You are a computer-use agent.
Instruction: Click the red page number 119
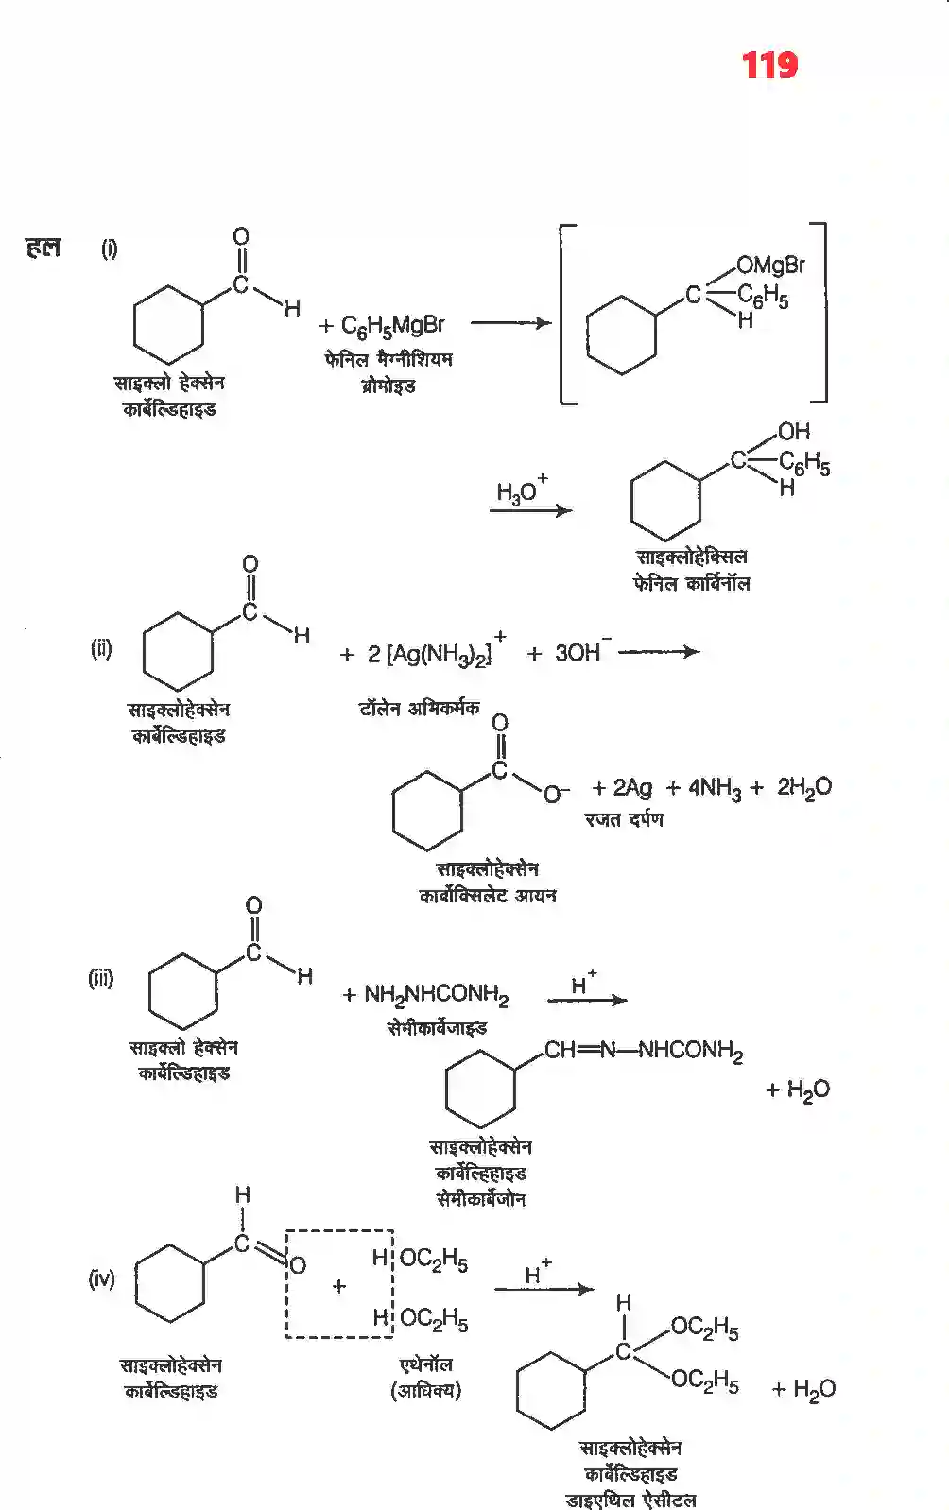click(769, 66)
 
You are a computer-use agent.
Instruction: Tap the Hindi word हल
click(43, 248)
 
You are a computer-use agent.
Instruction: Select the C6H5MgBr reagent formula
click(392, 326)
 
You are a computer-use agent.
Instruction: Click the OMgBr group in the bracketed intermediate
click(771, 265)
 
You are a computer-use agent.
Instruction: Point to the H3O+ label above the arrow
click(522, 489)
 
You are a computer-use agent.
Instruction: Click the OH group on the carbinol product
click(794, 431)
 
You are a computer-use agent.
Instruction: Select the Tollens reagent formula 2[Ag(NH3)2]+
click(436, 650)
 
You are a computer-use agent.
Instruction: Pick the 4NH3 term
click(715, 788)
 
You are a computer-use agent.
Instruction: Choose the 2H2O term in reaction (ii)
click(804, 787)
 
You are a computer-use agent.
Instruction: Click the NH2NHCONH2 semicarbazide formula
click(437, 995)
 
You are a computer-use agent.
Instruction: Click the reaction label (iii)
click(101, 978)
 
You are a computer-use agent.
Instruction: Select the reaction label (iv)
click(102, 1278)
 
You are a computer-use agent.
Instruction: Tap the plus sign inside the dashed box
click(339, 1286)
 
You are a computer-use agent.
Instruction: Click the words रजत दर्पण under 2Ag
click(624, 819)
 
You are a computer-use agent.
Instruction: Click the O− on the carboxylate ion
click(556, 794)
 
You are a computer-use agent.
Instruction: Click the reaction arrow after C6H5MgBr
click(511, 323)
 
